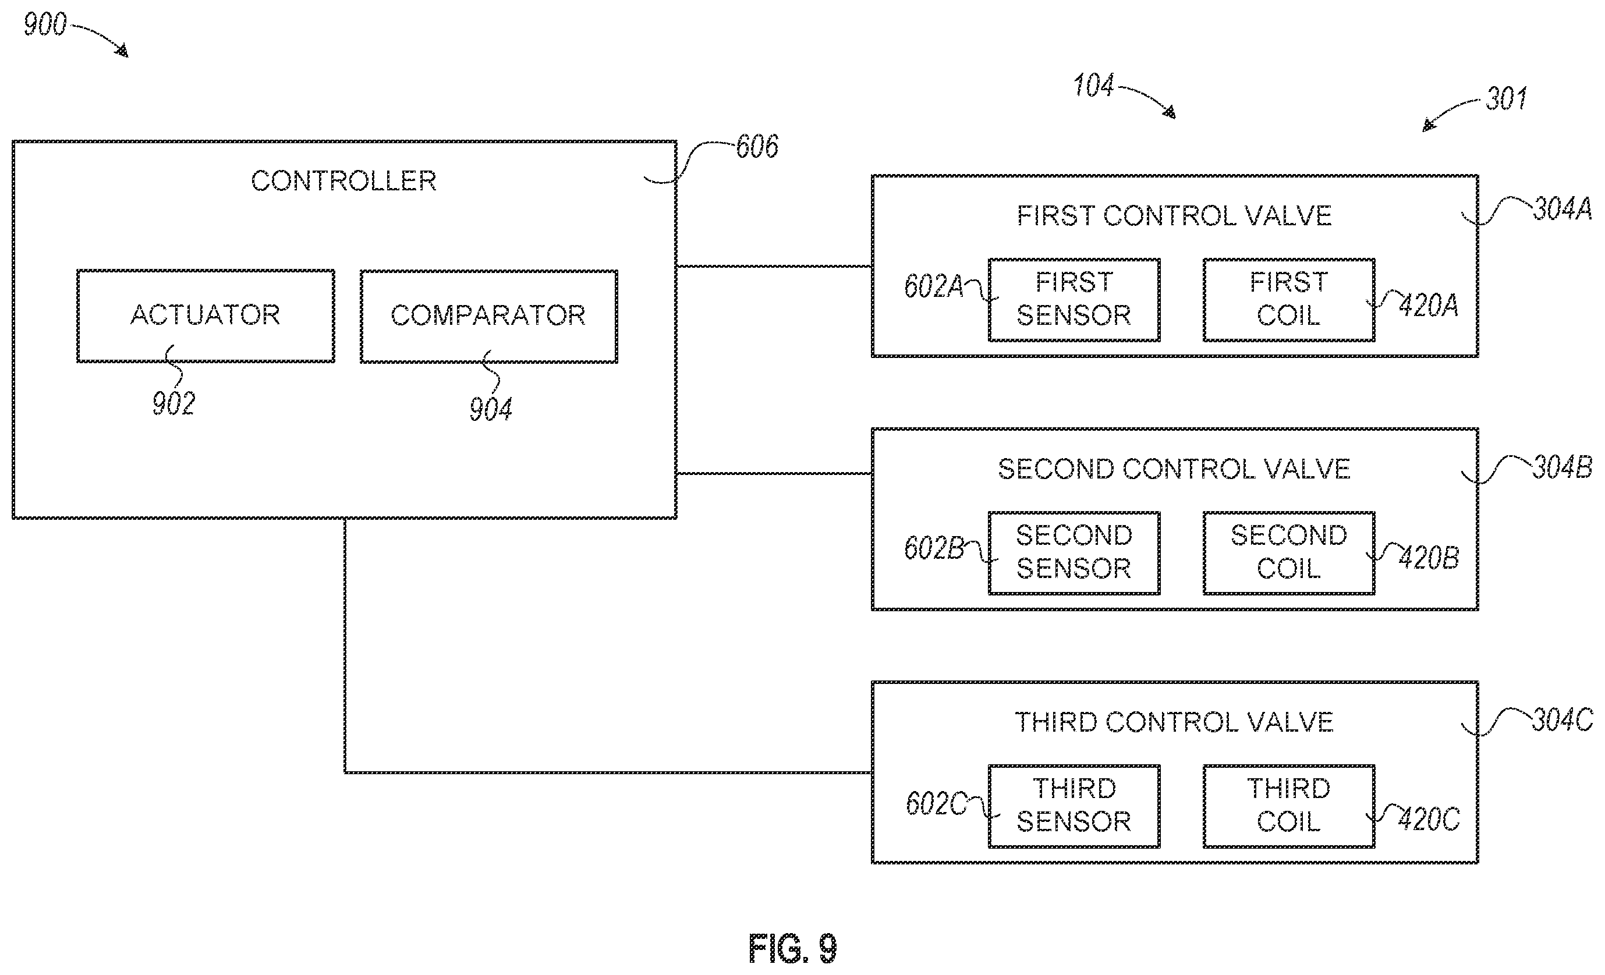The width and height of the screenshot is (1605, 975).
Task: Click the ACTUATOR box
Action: [206, 316]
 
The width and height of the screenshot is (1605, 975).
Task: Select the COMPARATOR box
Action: [488, 316]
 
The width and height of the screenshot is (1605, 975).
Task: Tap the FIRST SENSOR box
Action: [1074, 300]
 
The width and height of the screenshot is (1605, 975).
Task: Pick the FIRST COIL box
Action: [1288, 300]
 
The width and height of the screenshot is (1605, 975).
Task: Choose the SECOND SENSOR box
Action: [1074, 553]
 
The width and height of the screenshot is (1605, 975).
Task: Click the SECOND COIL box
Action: [1288, 553]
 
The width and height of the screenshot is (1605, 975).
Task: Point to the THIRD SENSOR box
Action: [1074, 806]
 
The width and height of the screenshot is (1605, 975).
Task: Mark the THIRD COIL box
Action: [1288, 806]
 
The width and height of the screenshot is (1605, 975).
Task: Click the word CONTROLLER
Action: [344, 181]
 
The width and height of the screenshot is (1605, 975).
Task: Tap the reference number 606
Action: [757, 147]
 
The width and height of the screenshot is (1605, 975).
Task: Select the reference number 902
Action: [173, 404]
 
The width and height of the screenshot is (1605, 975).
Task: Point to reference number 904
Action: [491, 410]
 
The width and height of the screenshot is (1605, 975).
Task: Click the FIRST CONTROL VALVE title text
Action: [1174, 216]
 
